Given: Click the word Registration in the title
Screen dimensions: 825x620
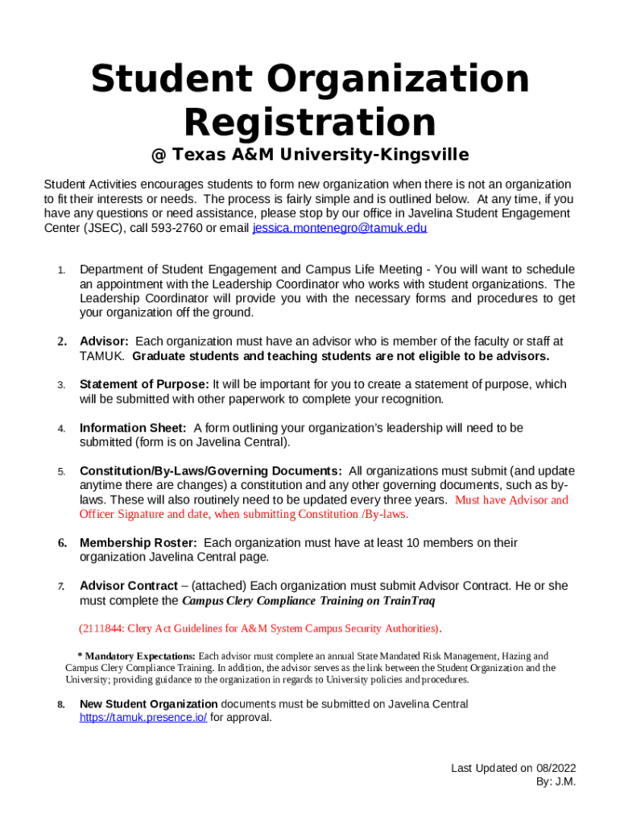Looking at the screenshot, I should [x=310, y=122].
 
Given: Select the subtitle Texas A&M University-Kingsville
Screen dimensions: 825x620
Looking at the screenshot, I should [x=320, y=155].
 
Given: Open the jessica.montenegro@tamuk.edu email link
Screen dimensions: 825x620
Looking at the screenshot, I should [x=340, y=228].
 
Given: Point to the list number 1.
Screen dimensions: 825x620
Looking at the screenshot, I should [x=60, y=270].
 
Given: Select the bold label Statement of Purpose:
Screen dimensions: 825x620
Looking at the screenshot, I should [x=144, y=384].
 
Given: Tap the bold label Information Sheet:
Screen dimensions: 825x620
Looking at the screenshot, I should [x=133, y=428].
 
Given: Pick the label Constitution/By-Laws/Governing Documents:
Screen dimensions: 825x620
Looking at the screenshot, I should [x=210, y=471].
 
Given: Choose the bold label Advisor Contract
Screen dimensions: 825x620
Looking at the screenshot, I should [x=128, y=586].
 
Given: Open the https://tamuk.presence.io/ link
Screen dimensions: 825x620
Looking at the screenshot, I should [x=143, y=718].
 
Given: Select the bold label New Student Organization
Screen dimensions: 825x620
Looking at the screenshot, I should [x=148, y=704].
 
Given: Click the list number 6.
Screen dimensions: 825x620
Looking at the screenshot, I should [x=61, y=543].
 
